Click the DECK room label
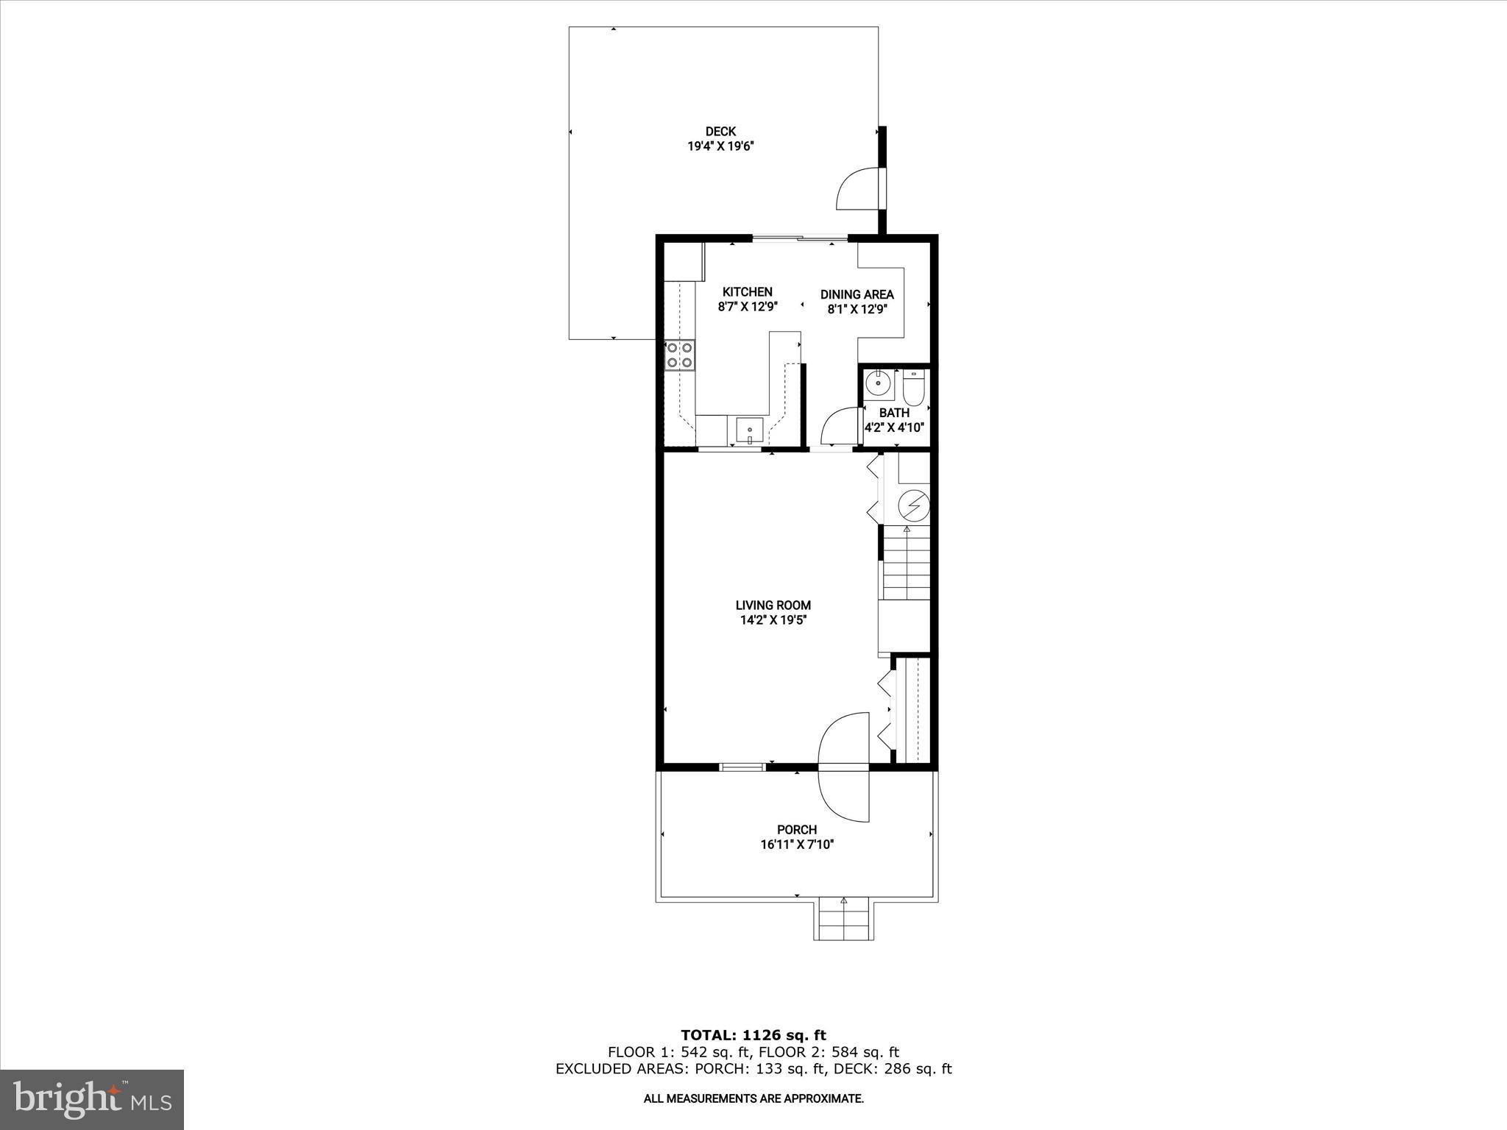click(720, 132)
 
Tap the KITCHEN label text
click(747, 292)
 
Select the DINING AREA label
click(857, 294)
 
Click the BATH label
click(894, 413)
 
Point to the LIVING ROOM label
click(773, 605)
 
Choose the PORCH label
click(796, 830)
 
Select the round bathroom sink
click(878, 383)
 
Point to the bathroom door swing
click(839, 427)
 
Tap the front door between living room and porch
click(845, 767)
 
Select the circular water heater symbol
click(914, 505)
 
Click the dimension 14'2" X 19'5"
click(773, 620)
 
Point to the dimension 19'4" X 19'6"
click(720, 146)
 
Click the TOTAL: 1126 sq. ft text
click(753, 1036)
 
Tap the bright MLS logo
click(92, 1098)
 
